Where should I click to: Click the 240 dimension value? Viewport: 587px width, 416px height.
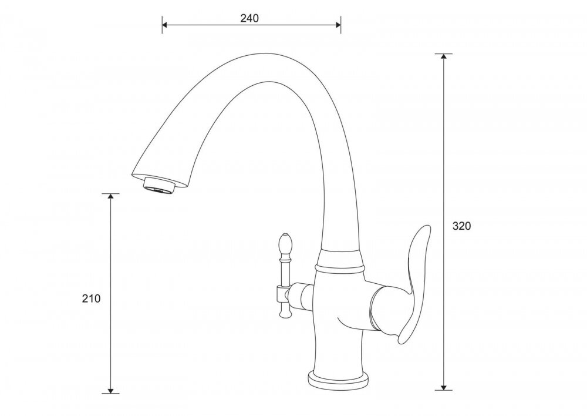click(249, 18)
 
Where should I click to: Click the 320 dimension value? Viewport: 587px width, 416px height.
click(461, 226)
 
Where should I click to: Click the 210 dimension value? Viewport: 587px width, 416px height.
click(92, 298)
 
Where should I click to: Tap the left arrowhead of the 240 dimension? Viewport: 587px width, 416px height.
click(165, 25)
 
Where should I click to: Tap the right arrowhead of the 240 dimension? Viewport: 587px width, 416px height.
click(338, 25)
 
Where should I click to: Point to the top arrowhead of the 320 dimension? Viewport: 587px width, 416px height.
click(444, 56)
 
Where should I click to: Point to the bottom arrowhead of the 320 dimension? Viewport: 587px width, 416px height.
click(444, 387)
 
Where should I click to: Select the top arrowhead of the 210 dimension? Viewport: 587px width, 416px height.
click(110, 196)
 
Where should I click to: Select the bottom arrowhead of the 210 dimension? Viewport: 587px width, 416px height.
click(110, 391)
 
